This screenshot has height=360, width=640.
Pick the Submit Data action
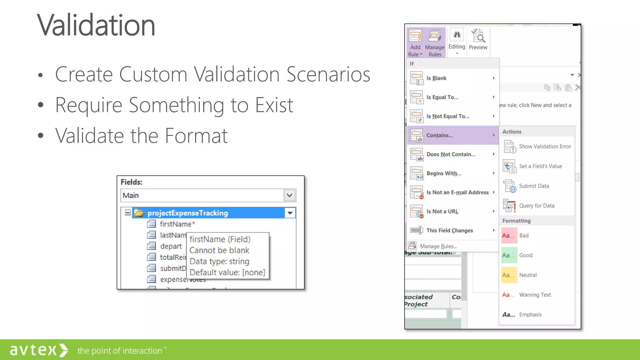534,186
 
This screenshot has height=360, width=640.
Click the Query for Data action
536,206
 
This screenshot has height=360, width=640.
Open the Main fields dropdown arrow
290,195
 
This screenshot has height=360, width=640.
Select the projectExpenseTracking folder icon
139,213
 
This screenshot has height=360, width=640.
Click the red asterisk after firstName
193,223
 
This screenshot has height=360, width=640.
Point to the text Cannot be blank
219,250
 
